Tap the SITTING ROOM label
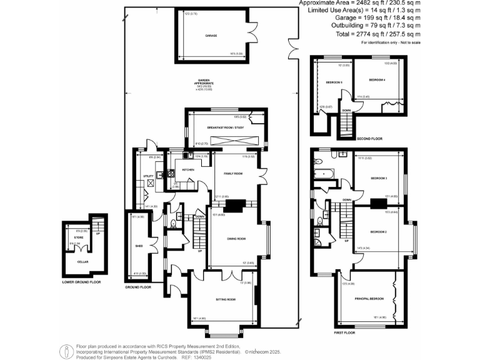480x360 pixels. tap(226, 300)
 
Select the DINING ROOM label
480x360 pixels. tap(236, 239)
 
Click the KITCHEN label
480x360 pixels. tap(188, 169)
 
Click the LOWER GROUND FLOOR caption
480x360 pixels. tap(81, 282)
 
